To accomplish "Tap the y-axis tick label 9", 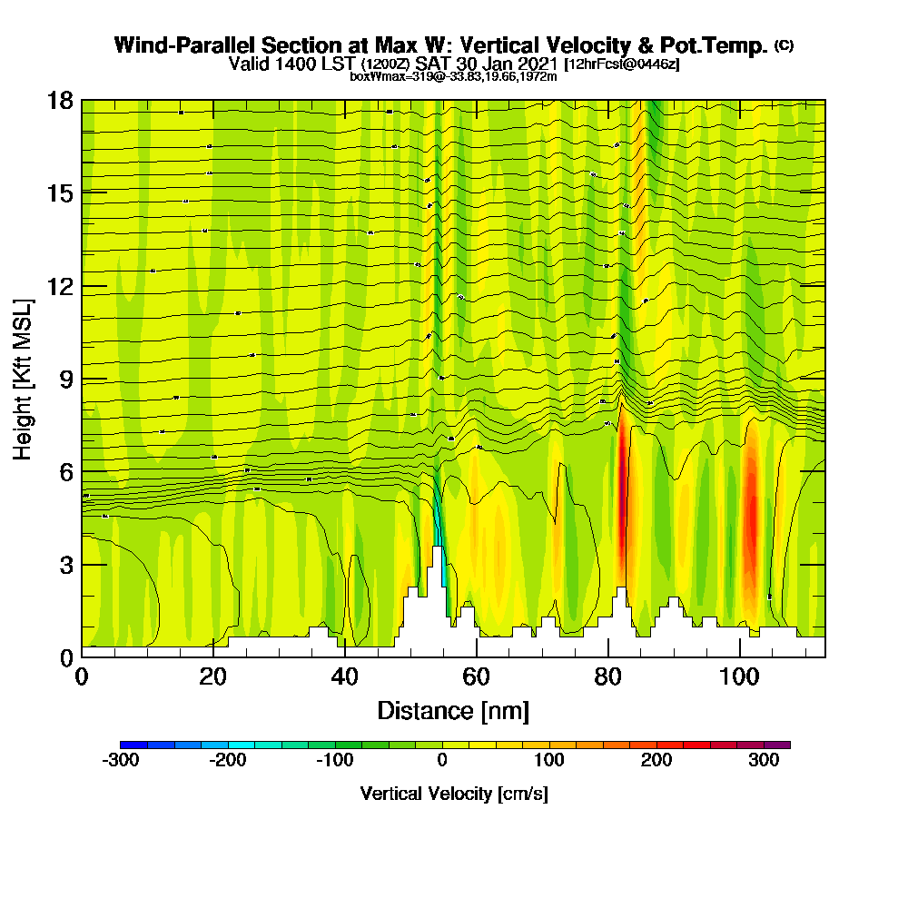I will (x=65, y=379).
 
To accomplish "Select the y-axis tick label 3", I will (x=65, y=565).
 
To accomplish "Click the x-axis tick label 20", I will (x=212, y=676).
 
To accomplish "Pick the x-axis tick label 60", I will (x=476, y=676).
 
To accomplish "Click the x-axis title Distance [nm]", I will (x=453, y=710).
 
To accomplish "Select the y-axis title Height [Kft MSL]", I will (x=24, y=378).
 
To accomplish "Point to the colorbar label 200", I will (x=656, y=761).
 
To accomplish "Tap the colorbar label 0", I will (x=442, y=761).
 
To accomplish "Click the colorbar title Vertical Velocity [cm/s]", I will (x=454, y=794).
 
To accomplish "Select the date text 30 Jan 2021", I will (x=508, y=64).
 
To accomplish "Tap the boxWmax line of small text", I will (x=453, y=76).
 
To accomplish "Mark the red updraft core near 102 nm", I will (x=750, y=527).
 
